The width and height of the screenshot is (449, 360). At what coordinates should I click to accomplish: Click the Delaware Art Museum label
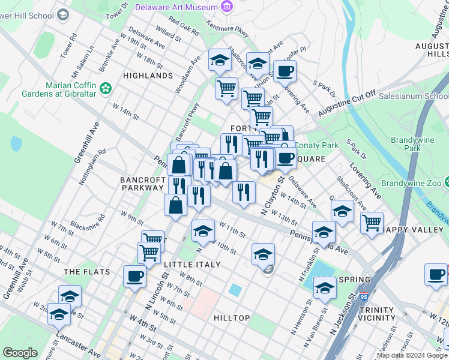(175, 7)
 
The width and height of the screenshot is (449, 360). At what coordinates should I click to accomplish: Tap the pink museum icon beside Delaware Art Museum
(226, 7)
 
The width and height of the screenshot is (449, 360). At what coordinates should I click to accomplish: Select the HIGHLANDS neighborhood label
(148, 76)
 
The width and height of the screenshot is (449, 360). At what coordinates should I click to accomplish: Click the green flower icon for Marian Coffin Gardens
(106, 88)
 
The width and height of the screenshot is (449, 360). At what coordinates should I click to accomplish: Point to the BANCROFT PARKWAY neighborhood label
(142, 184)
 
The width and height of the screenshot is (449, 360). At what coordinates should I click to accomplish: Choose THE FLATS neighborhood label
(87, 272)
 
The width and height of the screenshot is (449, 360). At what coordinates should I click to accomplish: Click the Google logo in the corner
(20, 353)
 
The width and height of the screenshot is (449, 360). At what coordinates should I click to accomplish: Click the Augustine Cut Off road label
(346, 103)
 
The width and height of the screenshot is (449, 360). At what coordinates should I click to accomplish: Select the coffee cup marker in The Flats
(134, 277)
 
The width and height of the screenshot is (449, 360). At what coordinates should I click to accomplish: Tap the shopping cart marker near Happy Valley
(372, 223)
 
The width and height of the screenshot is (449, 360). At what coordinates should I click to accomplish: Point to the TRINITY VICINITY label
(376, 314)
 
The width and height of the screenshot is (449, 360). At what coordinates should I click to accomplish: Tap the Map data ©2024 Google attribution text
(412, 355)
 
